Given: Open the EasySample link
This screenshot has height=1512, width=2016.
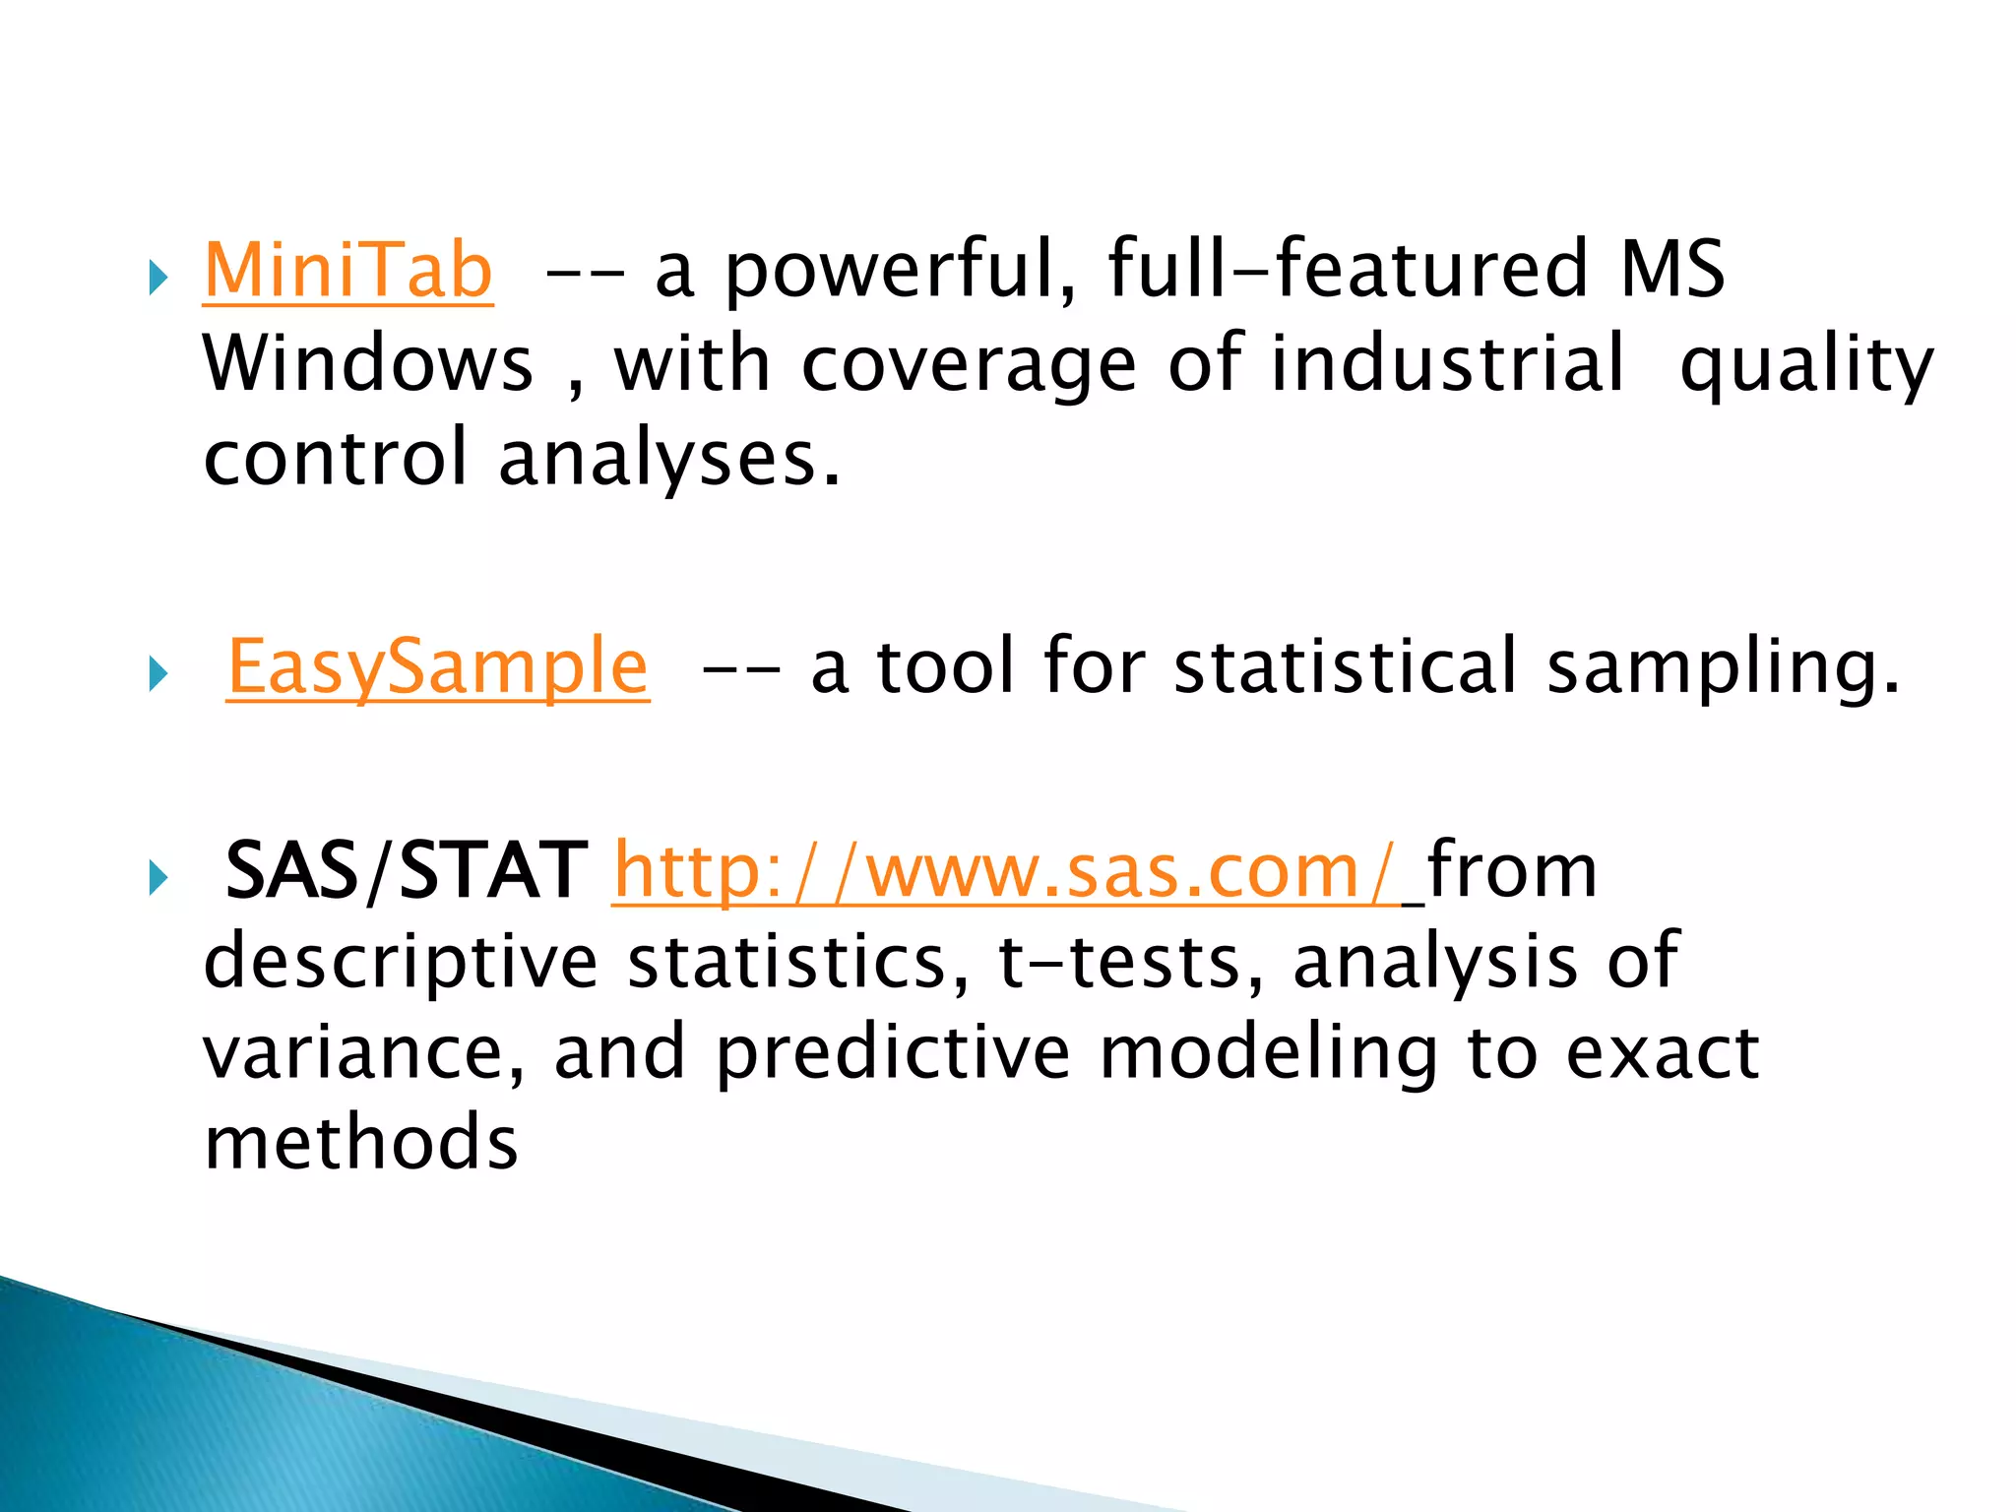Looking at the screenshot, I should [x=437, y=666].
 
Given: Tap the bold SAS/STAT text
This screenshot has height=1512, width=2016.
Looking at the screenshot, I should [x=406, y=870].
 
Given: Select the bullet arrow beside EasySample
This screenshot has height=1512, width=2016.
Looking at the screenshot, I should [x=158, y=675].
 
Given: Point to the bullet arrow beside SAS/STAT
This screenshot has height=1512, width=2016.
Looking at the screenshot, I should [x=158, y=879].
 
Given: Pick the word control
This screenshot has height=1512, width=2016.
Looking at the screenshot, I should [x=336, y=458].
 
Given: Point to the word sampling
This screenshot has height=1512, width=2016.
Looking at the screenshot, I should [x=1723, y=668].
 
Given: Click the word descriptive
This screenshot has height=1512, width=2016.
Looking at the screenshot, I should [x=401, y=963].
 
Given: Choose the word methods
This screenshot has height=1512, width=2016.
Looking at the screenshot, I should [x=360, y=1143].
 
